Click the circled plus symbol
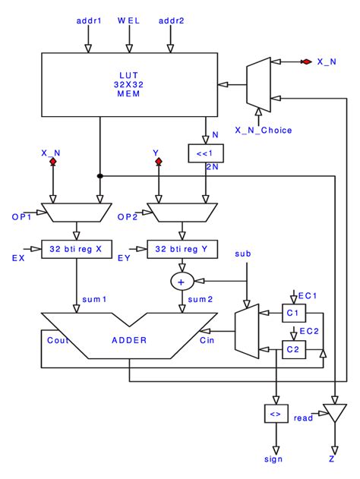click(182, 281)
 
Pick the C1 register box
click(292, 312)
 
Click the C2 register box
click(292, 349)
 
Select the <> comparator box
click(275, 414)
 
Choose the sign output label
click(275, 459)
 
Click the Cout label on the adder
click(58, 340)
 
